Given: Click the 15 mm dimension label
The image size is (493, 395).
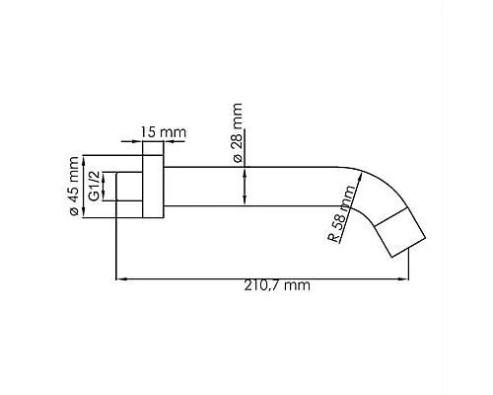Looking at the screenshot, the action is click(164, 132).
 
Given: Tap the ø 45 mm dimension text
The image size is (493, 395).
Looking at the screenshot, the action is click(74, 186).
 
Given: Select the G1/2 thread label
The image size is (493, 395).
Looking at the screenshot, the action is click(95, 186).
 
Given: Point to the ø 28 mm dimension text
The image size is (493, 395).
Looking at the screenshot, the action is click(238, 132).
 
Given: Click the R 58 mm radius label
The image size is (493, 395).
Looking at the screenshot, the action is click(342, 214).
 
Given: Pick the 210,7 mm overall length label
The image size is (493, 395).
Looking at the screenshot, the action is click(277, 285).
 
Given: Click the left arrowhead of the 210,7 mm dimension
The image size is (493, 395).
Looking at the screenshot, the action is click(121, 279).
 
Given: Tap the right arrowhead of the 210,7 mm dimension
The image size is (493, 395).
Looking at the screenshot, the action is click(403, 279).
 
